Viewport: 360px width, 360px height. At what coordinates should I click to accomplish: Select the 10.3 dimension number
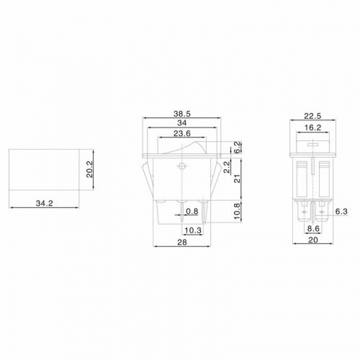point(192,230)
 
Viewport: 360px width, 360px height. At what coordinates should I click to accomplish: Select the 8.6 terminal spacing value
point(314,228)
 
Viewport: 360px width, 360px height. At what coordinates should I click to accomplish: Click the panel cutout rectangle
point(45,168)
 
